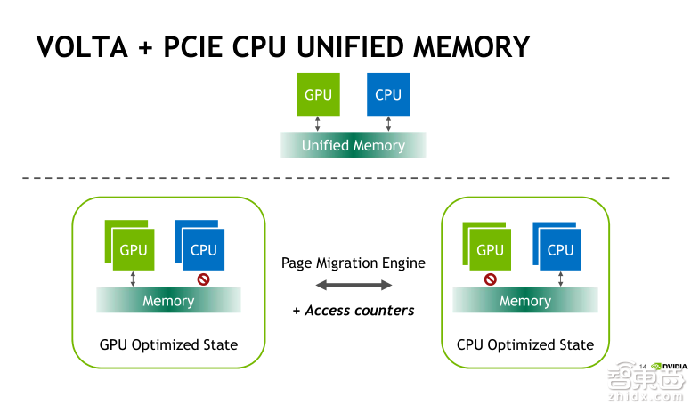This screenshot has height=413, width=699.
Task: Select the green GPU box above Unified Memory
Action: [x=318, y=94]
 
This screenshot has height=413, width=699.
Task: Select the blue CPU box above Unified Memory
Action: [x=387, y=94]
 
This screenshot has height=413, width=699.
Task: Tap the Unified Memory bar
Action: [x=353, y=145]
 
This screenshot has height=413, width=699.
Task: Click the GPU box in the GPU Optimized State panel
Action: [x=132, y=249]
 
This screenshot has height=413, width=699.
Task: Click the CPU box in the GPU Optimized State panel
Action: [x=202, y=249]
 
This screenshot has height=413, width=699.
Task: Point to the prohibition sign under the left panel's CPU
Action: [x=203, y=279]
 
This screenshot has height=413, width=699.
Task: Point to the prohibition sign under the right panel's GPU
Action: [x=490, y=279]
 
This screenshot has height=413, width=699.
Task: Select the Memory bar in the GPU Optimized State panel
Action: [x=168, y=301]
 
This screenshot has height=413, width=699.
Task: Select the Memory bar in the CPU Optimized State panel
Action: [x=524, y=301]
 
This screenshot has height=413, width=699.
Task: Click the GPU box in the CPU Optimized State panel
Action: [x=489, y=249]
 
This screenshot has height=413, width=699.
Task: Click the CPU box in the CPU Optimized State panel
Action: [x=559, y=249]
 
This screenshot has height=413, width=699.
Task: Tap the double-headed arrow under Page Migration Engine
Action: [x=354, y=285]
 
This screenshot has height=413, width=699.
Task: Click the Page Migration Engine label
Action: [x=354, y=263]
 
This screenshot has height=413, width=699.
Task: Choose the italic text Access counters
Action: [x=359, y=311]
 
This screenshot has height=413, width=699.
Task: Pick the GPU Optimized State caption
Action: [x=168, y=344]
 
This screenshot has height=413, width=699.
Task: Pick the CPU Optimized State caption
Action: [x=524, y=344]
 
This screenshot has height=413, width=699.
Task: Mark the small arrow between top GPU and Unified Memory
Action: [x=318, y=124]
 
